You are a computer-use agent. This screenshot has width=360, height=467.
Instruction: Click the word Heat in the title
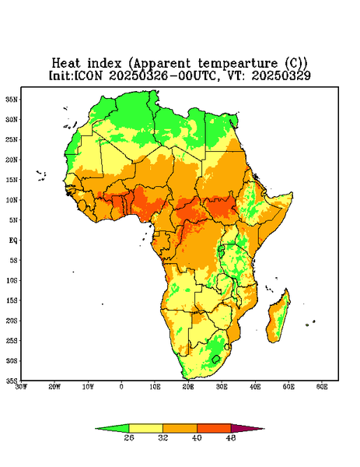pyautogui.click(x=66, y=64)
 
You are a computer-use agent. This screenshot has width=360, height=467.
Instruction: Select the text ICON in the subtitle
pyautogui.click(x=89, y=75)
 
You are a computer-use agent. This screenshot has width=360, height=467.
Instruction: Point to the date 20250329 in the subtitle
pyautogui.click(x=281, y=75)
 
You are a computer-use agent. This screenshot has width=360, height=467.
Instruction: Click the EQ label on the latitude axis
pyautogui.click(x=13, y=240)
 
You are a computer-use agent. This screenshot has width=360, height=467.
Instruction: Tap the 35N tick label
pyautogui.click(x=12, y=99)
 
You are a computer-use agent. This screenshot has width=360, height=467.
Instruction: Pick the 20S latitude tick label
pyautogui.click(x=12, y=321)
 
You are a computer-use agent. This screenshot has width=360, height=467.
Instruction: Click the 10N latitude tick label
pyautogui.click(x=12, y=200)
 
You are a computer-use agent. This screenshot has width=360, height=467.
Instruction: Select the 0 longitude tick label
pyautogui.click(x=121, y=387)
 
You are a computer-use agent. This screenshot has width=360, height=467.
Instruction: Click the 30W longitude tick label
pyautogui.click(x=21, y=387)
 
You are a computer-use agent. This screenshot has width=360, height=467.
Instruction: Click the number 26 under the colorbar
pyautogui.click(x=129, y=437)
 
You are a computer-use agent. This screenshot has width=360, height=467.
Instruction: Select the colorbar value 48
pyautogui.click(x=231, y=437)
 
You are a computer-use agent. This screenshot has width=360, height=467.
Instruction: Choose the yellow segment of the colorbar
pyautogui.click(x=145, y=428)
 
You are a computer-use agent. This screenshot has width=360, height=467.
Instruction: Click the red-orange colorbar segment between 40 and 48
pyautogui.click(x=214, y=428)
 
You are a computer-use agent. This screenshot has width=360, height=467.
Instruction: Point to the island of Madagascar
pyautogui.click(x=279, y=317)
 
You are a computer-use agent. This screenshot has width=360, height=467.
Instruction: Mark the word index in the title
pyautogui.click(x=104, y=64)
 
